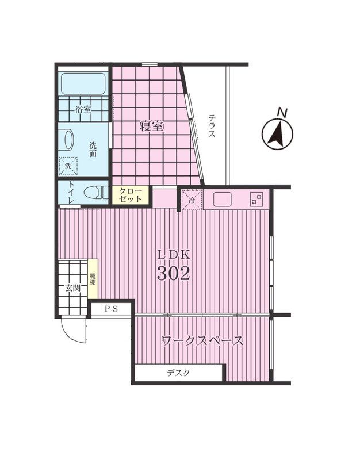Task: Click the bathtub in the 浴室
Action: coord(83,83)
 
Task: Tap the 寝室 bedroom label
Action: coord(152,126)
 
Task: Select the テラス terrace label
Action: coord(212,126)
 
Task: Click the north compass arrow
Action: coord(277,133)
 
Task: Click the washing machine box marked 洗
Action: coord(68,166)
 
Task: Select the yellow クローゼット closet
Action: coord(131,195)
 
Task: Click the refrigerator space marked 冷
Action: coord(192,200)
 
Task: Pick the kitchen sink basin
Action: coord(223,199)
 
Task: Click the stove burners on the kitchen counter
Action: coord(256,199)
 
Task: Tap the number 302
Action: coord(174,274)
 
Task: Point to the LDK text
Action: coord(174,255)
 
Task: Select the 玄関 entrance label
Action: coord(72,288)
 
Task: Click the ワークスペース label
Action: coord(202,341)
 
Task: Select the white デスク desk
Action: coord(179,373)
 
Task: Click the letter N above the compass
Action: coord(282,112)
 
